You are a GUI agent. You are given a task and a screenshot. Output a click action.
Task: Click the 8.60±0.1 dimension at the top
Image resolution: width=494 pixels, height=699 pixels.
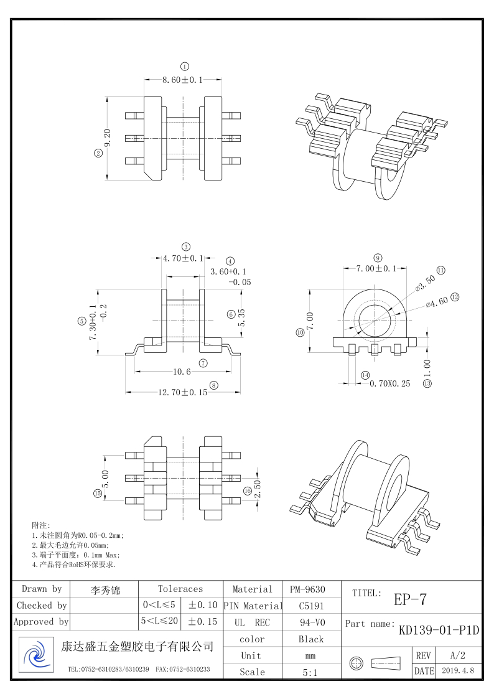pos(183,80)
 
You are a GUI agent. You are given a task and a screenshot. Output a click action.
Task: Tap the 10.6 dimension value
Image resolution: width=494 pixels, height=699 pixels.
pos(181,372)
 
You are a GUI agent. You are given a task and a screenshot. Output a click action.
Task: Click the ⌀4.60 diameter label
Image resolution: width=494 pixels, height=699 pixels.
pos(437,301)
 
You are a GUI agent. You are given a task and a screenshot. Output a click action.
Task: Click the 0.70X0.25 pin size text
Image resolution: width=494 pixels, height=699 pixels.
pos(390,384)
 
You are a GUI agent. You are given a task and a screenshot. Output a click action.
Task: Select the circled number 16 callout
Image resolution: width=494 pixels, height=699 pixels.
pos(247,491)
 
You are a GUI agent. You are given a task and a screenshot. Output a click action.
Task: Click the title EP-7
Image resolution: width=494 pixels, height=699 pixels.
pos(410,599)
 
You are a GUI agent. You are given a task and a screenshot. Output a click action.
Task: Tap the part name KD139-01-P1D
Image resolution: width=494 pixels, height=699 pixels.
pos(439,630)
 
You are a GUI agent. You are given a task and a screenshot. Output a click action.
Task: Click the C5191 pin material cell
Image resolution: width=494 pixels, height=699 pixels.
pos(311,605)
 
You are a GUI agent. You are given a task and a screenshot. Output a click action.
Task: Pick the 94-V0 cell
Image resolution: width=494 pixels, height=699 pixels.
pos(311,622)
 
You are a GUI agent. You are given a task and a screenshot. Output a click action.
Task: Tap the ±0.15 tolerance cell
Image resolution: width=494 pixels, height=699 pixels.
pos(203,621)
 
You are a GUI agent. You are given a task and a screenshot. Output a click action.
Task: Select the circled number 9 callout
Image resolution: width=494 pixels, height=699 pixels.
pos(378,258)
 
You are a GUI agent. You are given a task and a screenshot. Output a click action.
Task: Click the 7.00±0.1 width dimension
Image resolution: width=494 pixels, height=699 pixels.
pos(376,268)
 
